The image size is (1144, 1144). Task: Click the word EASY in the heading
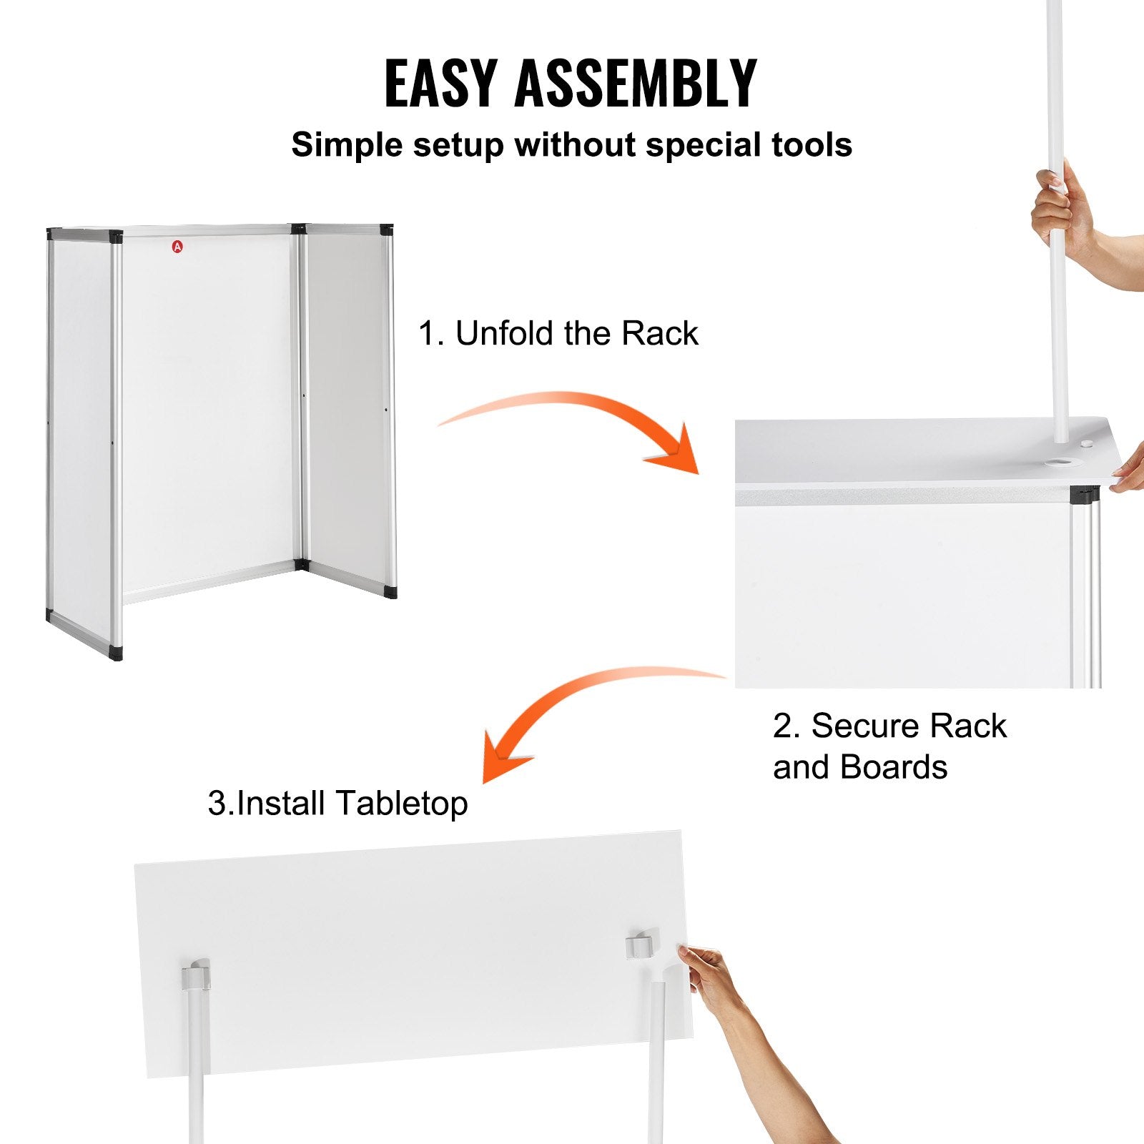[x=440, y=84]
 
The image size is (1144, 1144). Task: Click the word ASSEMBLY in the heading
[x=635, y=84]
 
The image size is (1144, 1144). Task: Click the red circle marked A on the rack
[x=177, y=247]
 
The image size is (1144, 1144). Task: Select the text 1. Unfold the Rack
[x=558, y=333]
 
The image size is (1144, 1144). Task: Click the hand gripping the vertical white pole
[x=1062, y=207]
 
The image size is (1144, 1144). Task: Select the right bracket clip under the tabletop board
[x=641, y=945]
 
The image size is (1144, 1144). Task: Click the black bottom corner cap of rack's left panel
[x=116, y=653]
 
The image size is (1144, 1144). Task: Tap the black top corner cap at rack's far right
[x=387, y=230]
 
